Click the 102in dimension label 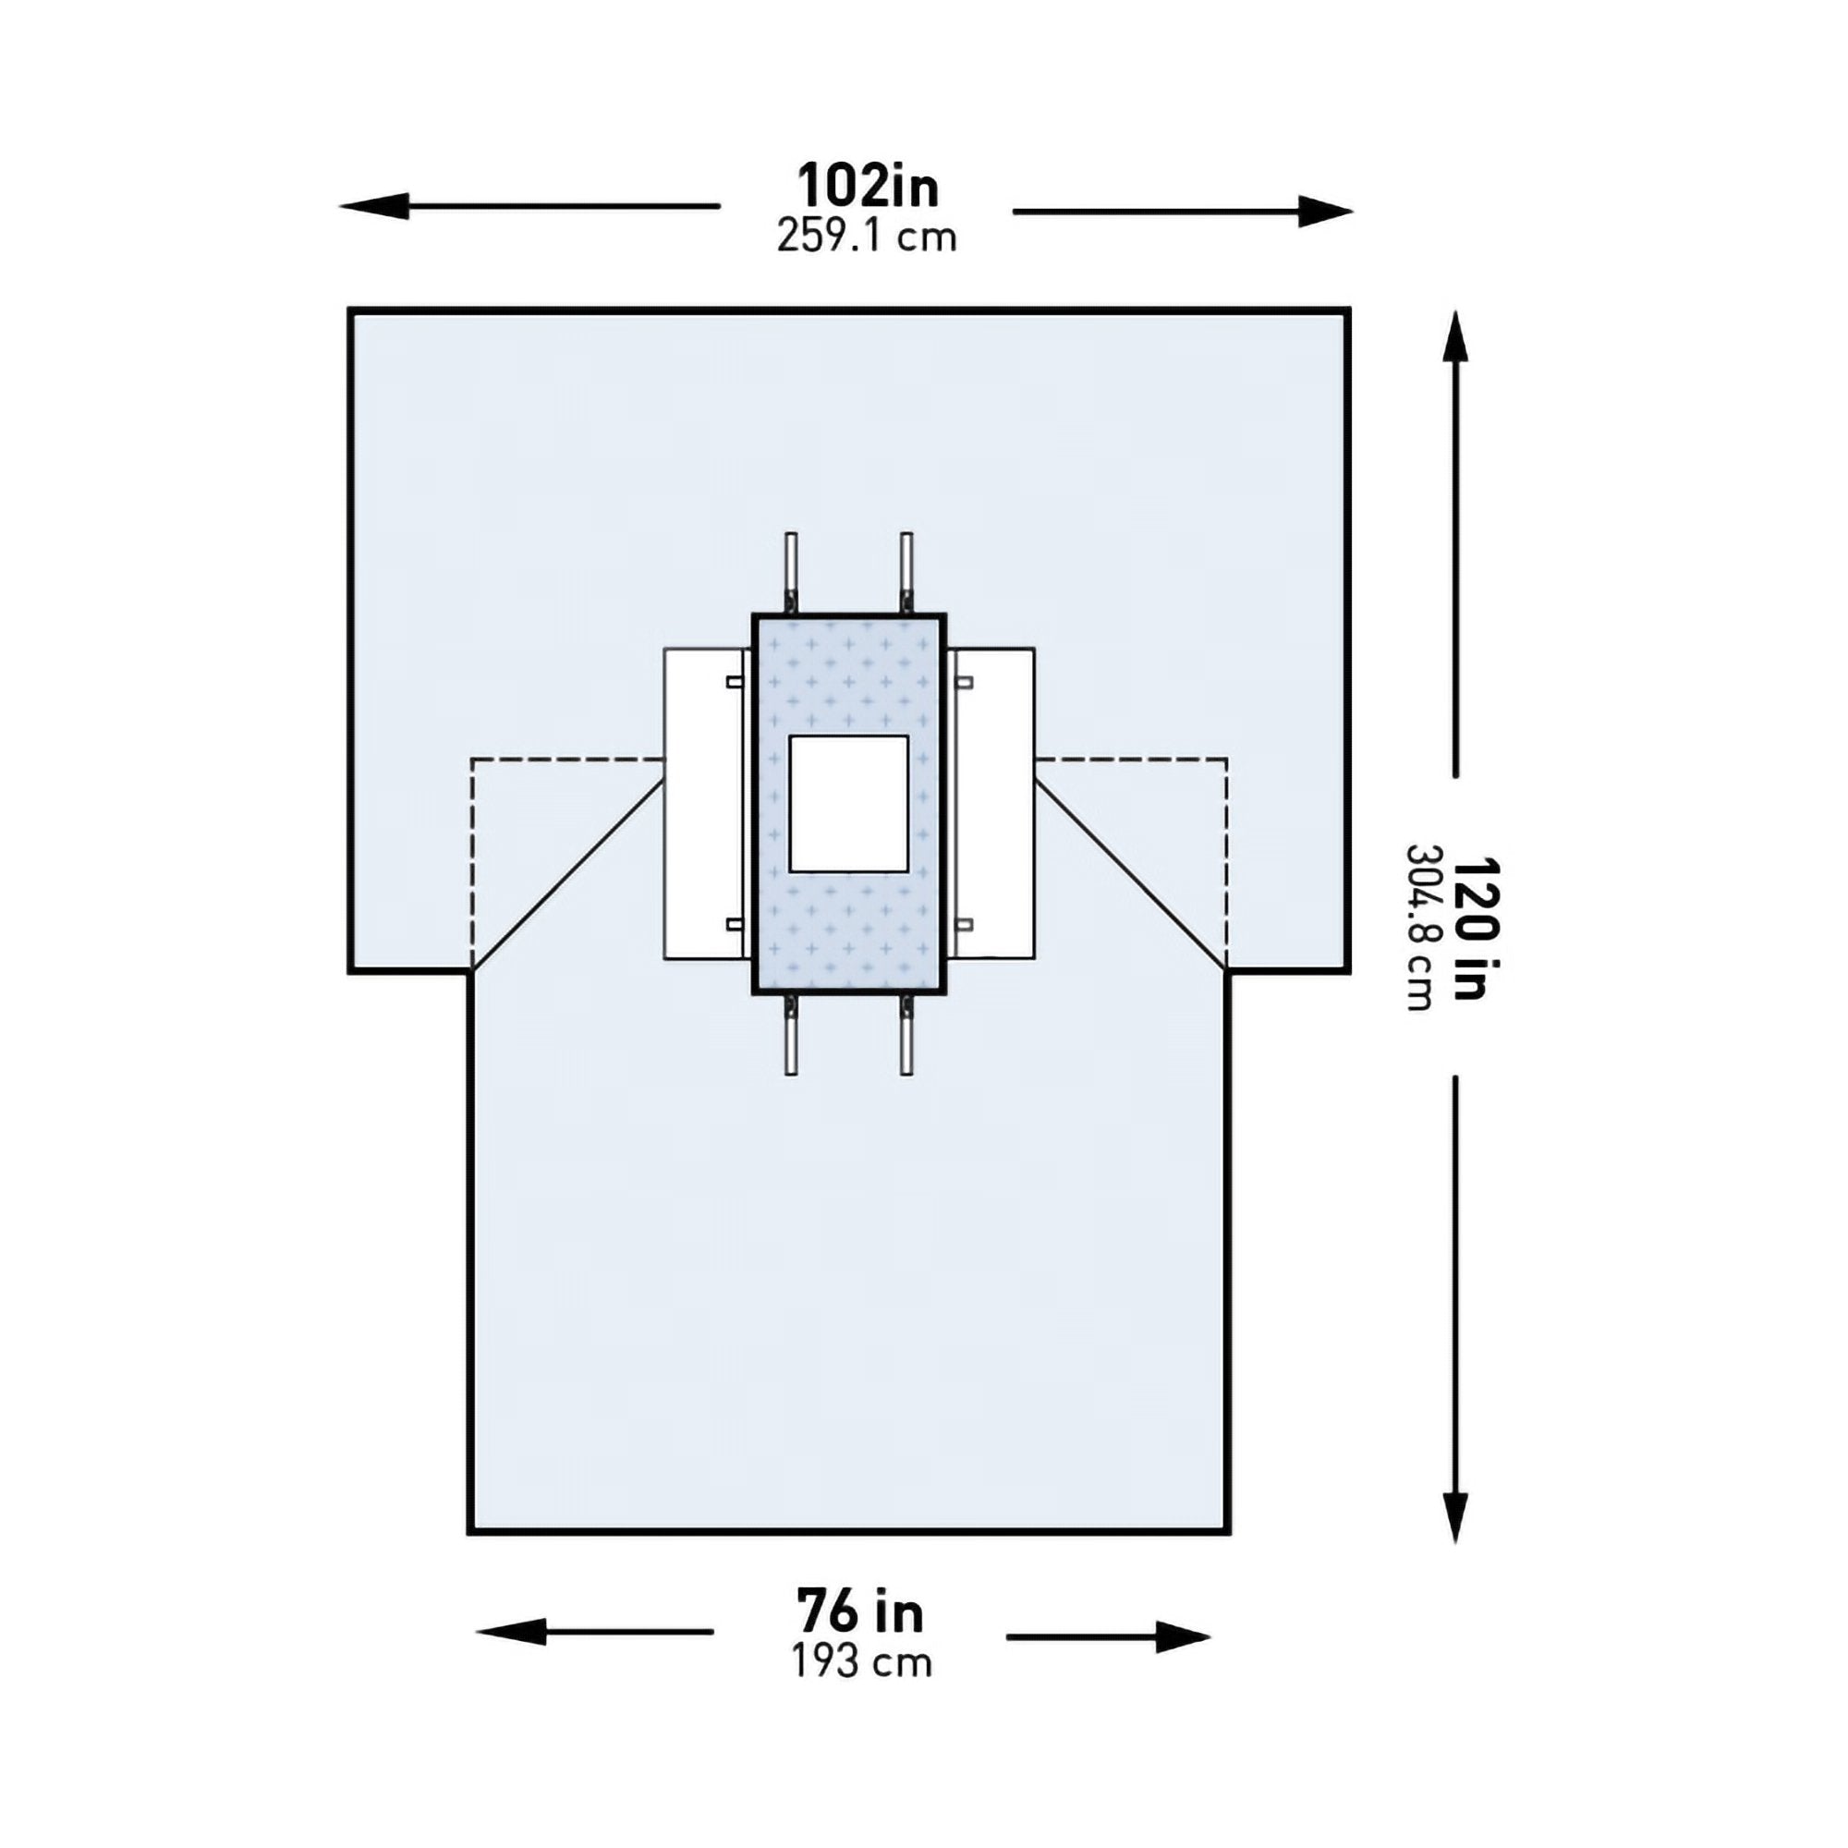pos(868,187)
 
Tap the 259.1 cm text pos(866,237)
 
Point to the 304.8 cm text pos(1419,928)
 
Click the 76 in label pos(861,1612)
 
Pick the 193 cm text pos(861,1662)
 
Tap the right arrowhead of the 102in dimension pos(1325,212)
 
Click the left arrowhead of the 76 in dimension pos(512,1632)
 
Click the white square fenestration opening pos(847,804)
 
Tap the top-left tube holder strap pos(791,571)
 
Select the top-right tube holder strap pos(906,571)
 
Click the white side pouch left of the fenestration pos(703,804)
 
